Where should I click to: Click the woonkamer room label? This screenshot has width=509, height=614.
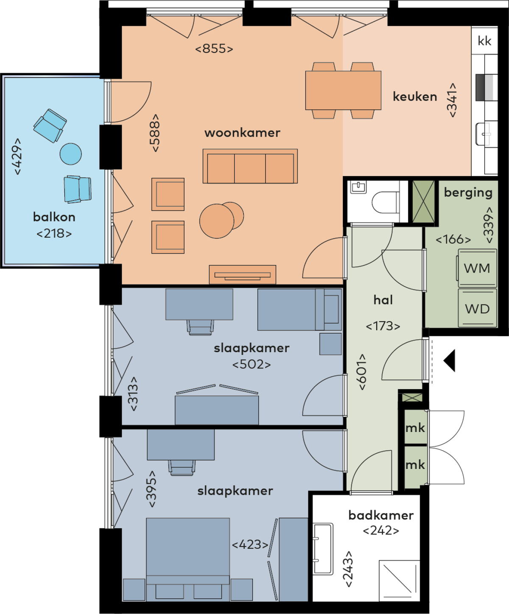[x=242, y=133]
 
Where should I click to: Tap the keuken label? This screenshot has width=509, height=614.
[x=415, y=97]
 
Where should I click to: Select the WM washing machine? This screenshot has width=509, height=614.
[x=477, y=268]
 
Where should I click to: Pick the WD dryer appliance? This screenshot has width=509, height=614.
[x=477, y=308]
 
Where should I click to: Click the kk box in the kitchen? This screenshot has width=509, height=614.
[x=484, y=41]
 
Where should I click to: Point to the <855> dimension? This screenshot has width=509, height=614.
[x=214, y=49]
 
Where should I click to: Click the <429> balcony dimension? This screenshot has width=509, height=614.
[x=18, y=156]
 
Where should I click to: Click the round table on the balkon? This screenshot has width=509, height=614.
[x=70, y=154]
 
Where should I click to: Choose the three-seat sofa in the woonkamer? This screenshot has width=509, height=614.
[x=250, y=166]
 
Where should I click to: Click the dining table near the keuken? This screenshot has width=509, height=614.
[x=343, y=90]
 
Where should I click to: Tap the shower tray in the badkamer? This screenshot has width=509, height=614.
[x=399, y=581]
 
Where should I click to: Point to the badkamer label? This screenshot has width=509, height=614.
[x=381, y=515]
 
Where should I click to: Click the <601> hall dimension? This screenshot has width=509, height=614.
[x=363, y=372]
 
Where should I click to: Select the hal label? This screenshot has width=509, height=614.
[x=383, y=300]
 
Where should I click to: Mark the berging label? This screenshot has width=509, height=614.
[x=468, y=193]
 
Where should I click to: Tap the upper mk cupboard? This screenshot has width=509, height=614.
[x=415, y=427]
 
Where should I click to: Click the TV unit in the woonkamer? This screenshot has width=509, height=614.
[x=243, y=275]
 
